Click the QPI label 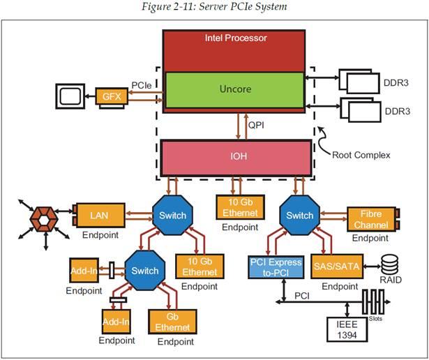[x=255, y=126]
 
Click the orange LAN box [x=98, y=216]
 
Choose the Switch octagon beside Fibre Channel [x=300, y=216]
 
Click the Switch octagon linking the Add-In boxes [x=144, y=271]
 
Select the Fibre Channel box [x=370, y=220]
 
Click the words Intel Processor [x=234, y=38]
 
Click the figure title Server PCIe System [x=213, y=7]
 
